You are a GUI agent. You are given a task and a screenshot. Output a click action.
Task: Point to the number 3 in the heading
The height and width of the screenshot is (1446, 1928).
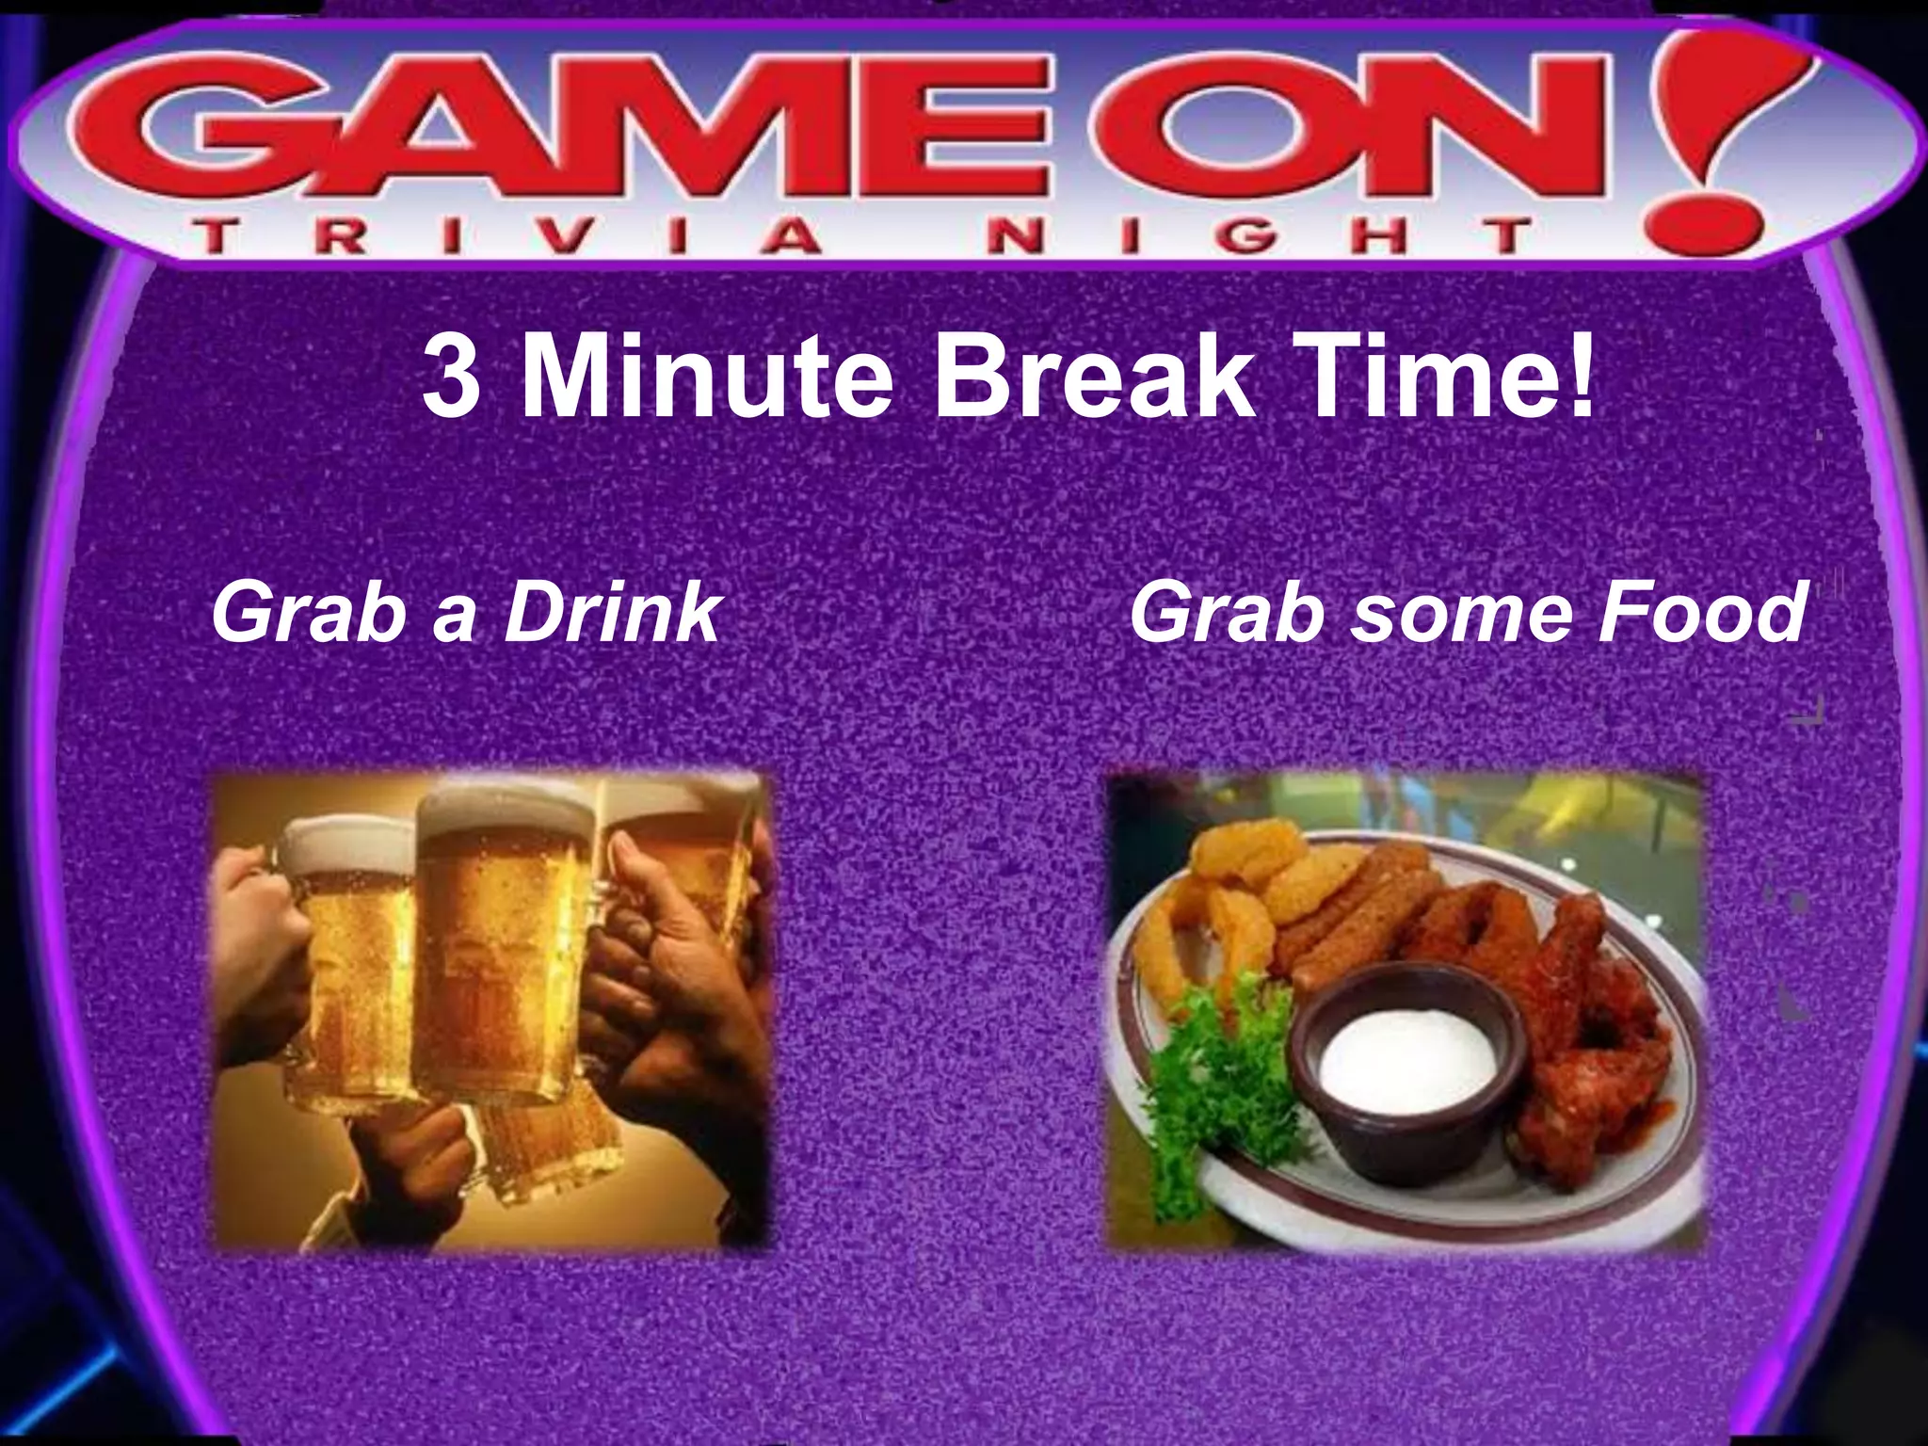450,381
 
